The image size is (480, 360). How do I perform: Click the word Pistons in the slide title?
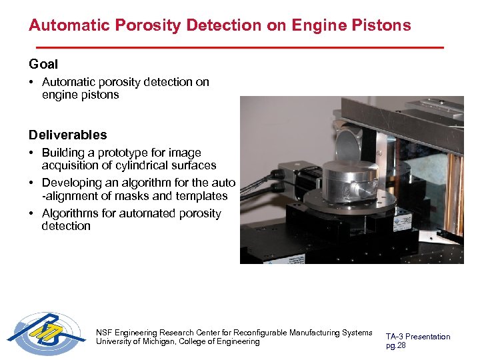381,26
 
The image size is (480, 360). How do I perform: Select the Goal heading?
43,65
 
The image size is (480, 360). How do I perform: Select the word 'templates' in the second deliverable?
200,196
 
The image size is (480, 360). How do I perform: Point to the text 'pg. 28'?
396,346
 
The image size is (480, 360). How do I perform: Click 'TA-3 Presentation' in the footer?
418,337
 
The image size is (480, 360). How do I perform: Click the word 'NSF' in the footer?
105,332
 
